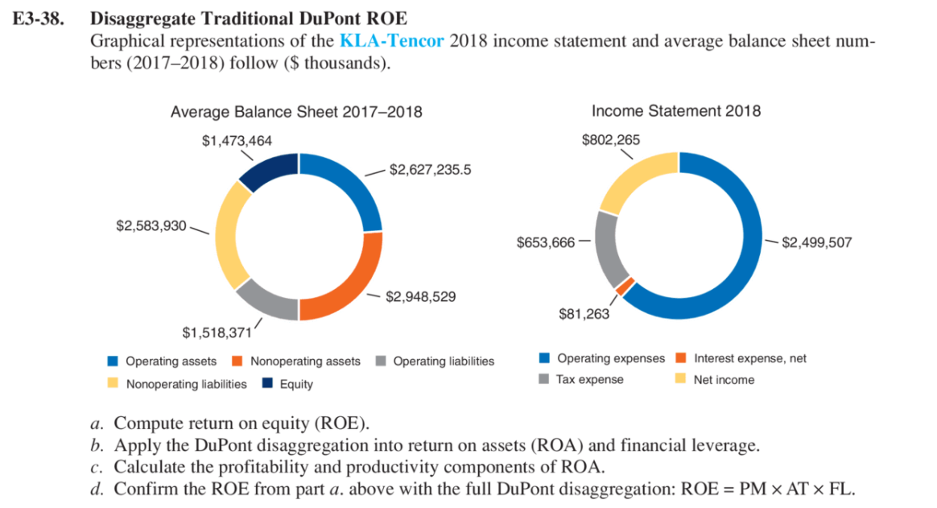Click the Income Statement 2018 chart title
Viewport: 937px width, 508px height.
pyautogui.click(x=675, y=111)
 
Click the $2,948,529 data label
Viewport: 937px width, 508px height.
pyautogui.click(x=421, y=297)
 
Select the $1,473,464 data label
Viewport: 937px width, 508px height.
pyautogui.click(x=237, y=141)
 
